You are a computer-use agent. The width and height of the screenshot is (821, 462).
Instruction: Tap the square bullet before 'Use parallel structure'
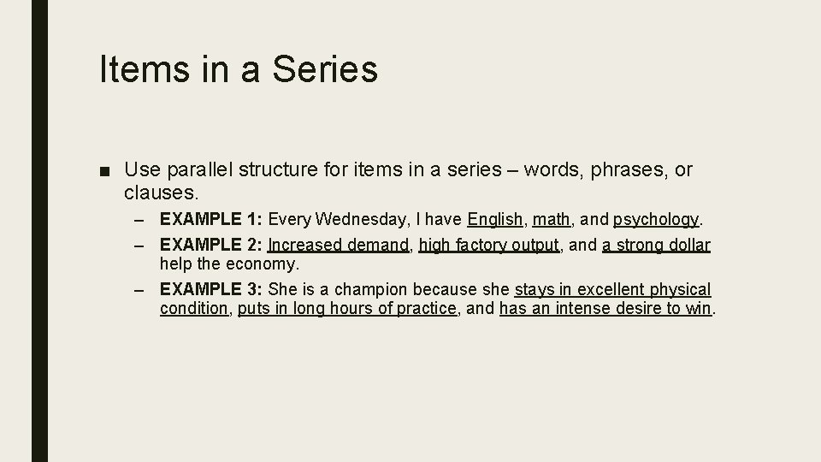103,170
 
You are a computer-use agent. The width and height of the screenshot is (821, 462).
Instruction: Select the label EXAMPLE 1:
211,220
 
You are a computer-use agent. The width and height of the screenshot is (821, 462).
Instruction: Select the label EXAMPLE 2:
211,246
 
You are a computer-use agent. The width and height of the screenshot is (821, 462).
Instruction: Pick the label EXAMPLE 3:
211,290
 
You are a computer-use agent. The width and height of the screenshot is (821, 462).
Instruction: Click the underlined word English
495,220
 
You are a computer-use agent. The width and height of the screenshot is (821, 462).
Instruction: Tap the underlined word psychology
656,221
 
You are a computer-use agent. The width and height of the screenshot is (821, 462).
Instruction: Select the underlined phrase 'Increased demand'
339,246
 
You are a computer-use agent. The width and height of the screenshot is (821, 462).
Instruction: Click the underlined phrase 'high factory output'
489,246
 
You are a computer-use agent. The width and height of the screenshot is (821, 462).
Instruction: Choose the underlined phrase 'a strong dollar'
656,246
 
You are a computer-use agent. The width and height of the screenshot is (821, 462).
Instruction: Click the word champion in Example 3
367,290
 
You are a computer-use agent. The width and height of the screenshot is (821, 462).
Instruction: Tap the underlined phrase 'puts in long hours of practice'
347,309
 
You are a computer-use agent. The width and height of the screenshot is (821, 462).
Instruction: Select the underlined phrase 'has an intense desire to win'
605,309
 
